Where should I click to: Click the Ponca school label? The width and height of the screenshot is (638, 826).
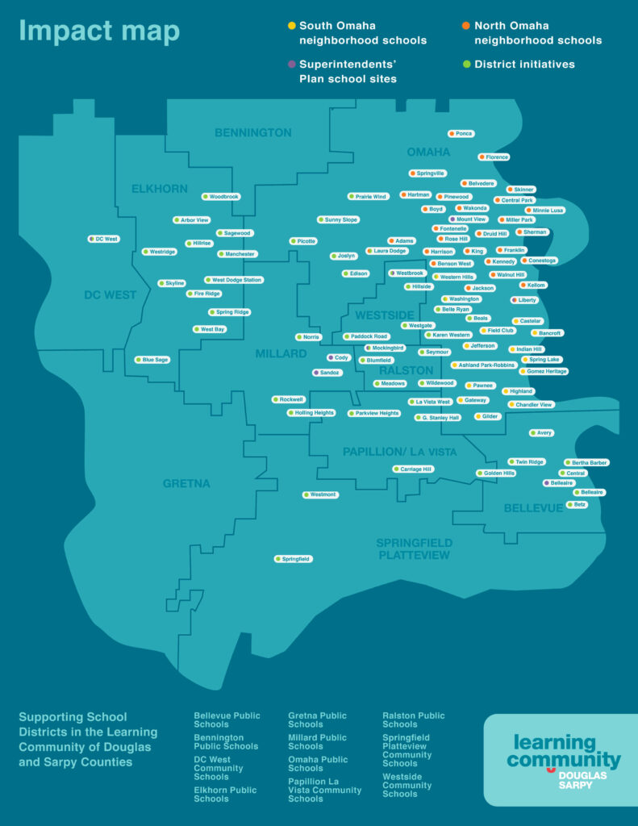[x=461, y=133]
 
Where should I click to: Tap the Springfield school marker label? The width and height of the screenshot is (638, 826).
[x=294, y=558]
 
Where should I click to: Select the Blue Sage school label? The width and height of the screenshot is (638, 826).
[x=152, y=359]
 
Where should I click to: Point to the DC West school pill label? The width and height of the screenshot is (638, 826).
[x=104, y=239]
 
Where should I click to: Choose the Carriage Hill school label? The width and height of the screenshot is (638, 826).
[x=414, y=469]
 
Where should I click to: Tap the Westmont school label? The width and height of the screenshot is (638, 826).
[x=321, y=494]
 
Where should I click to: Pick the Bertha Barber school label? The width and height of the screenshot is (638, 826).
[x=586, y=462]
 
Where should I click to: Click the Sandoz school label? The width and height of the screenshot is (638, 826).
[x=327, y=373]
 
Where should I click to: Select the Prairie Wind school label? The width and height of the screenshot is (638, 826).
[x=369, y=196]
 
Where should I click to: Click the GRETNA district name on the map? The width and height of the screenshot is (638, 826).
[x=186, y=483]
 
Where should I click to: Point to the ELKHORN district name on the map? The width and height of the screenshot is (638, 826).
[x=160, y=189]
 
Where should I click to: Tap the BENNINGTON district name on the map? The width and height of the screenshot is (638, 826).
[x=253, y=132]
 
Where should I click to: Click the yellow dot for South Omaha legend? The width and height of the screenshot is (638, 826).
[x=292, y=26]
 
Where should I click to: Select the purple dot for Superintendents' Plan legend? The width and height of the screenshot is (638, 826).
[x=292, y=64]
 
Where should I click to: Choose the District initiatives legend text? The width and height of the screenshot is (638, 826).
[x=524, y=64]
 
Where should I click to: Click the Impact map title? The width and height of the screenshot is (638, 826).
[x=99, y=31]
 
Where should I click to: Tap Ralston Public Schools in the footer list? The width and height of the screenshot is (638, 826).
[x=413, y=720]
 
